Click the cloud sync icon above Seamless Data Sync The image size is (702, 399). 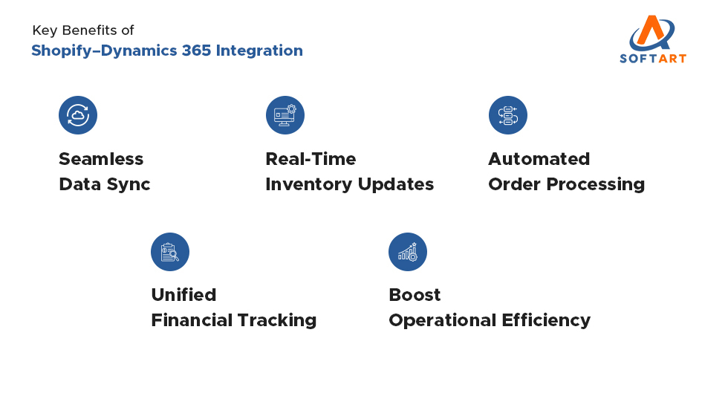pyautogui.click(x=78, y=115)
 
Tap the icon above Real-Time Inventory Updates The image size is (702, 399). pyautogui.click(x=285, y=115)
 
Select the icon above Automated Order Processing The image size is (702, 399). pyautogui.click(x=507, y=115)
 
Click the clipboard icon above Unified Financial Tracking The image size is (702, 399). pyautogui.click(x=170, y=252)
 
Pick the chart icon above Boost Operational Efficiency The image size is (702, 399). pyautogui.click(x=408, y=252)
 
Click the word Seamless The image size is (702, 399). pyautogui.click(x=101, y=159)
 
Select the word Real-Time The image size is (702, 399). pyautogui.click(x=311, y=159)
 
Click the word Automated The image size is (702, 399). pyautogui.click(x=539, y=159)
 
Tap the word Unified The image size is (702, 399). pyautogui.click(x=183, y=295)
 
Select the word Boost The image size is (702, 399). pyautogui.click(x=415, y=295)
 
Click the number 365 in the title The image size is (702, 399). pyautogui.click(x=197, y=51)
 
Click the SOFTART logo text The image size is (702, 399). pyautogui.click(x=652, y=58)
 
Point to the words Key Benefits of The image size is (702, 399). pyautogui.click(x=83, y=30)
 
